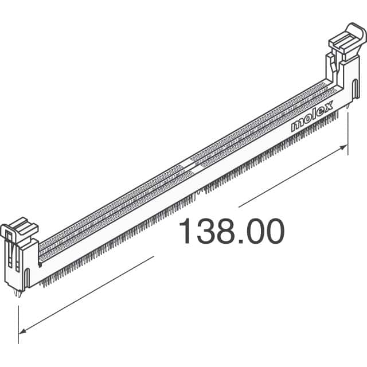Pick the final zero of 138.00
(273, 232)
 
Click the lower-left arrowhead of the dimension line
(23, 331)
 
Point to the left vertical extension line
(18, 324)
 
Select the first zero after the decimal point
(253, 232)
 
